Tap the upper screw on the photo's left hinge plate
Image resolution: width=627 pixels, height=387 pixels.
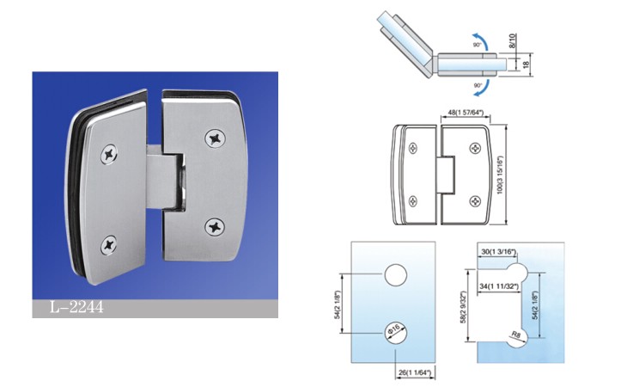(110, 154)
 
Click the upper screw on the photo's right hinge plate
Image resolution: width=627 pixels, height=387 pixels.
(213, 137)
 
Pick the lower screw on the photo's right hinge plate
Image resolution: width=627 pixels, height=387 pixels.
(214, 226)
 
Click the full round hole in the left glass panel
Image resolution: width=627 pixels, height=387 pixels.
(395, 274)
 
